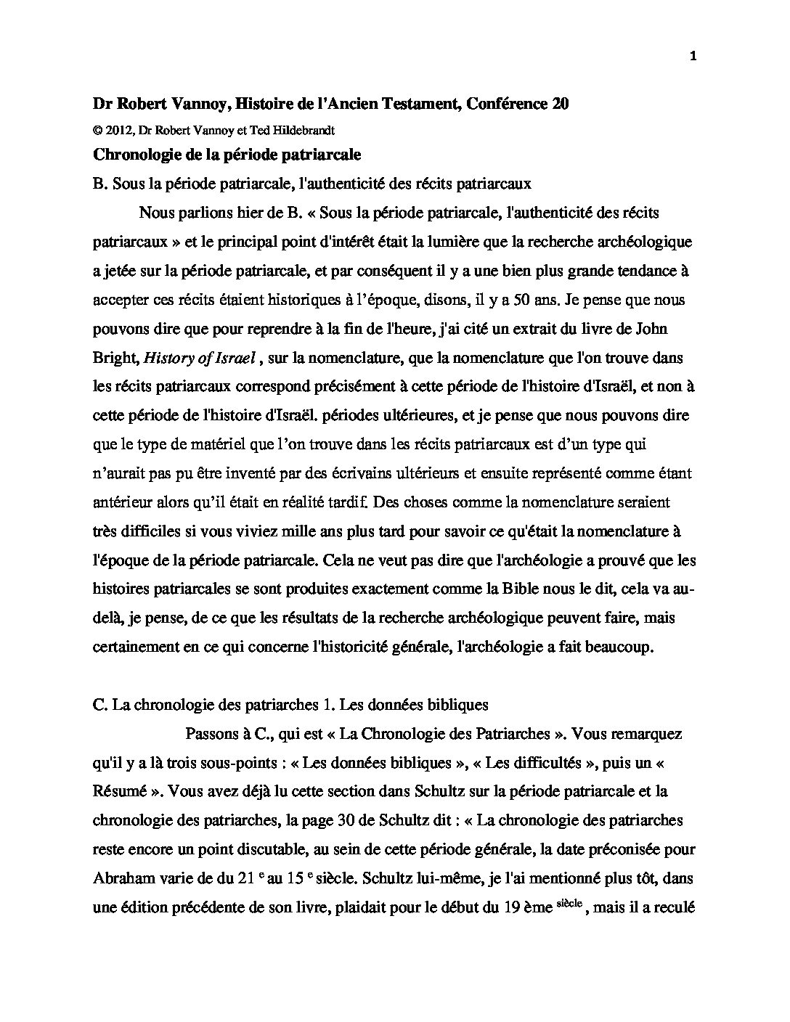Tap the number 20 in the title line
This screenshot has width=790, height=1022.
tap(561, 105)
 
